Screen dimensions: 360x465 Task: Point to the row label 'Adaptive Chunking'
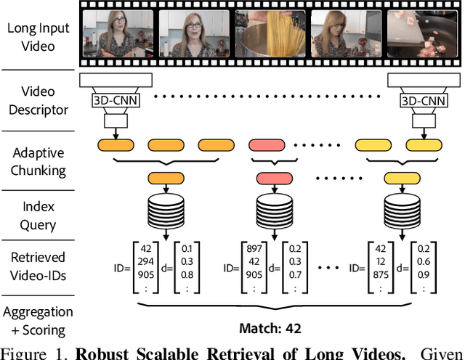tap(38, 162)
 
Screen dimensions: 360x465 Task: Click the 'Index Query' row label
tap(38, 215)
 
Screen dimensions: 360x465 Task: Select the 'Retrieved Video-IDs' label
tap(38, 266)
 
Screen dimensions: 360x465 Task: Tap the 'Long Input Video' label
tap(38, 37)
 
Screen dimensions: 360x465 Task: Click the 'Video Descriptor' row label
tap(38, 102)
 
